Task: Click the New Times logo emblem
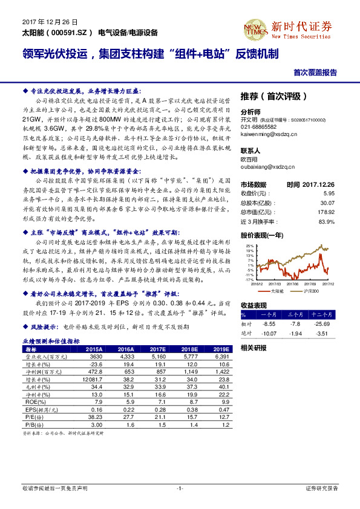[254, 27]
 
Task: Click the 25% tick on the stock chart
[250, 246]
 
